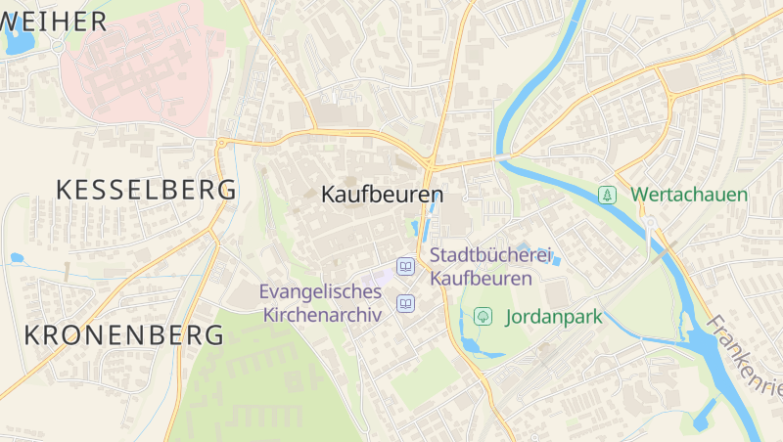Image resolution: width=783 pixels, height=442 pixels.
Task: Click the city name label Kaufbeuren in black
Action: point(382,195)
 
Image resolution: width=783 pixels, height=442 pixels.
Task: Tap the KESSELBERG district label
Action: point(146,190)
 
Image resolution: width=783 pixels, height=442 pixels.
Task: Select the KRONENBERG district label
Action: point(123,334)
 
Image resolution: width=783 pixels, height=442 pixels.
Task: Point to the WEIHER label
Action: point(54,21)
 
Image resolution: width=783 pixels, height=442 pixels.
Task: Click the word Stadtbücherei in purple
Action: point(490,256)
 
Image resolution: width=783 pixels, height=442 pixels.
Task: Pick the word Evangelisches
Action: point(320,291)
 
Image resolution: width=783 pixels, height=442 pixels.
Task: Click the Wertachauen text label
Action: point(690,195)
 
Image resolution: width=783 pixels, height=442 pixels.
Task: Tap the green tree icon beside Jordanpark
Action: point(483,316)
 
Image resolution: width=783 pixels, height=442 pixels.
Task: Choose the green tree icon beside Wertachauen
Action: point(608,195)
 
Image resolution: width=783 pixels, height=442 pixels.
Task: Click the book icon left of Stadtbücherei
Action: point(404,266)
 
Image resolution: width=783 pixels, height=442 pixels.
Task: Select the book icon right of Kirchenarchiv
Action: point(404,305)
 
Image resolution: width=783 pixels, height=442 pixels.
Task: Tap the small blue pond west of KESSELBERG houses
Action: point(17,258)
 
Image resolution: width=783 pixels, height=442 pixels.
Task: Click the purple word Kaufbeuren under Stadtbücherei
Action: point(481,279)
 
